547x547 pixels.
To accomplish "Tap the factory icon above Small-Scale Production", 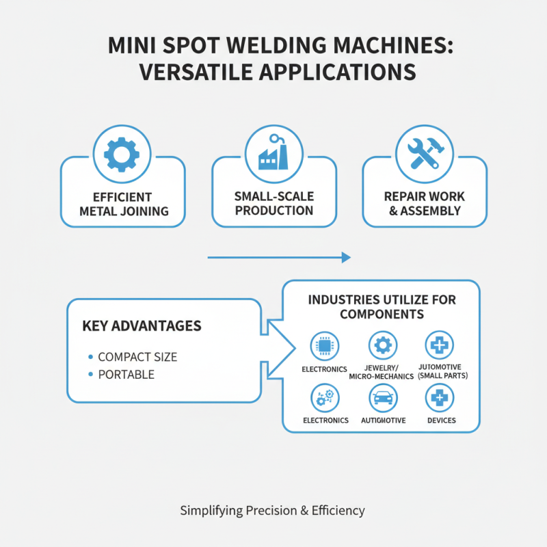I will [x=273, y=155].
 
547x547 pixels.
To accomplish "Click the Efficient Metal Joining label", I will [x=124, y=203].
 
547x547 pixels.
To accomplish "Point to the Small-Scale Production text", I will [x=273, y=203].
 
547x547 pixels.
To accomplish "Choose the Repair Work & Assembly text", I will [x=425, y=203].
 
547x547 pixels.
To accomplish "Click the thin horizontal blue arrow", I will [x=278, y=258].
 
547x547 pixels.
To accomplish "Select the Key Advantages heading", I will [x=142, y=325].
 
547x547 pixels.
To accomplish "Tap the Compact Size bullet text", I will [x=137, y=357].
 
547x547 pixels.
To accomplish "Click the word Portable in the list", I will [x=126, y=375].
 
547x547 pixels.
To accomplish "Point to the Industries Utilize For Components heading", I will [x=382, y=307].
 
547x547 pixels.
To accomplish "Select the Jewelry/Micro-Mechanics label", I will [x=382, y=372].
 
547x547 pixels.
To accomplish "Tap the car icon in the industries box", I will [x=382, y=397].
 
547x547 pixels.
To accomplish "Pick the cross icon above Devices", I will [x=440, y=397].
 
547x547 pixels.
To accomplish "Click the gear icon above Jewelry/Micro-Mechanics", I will [x=382, y=346].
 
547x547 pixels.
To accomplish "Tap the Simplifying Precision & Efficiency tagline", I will [x=273, y=510].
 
